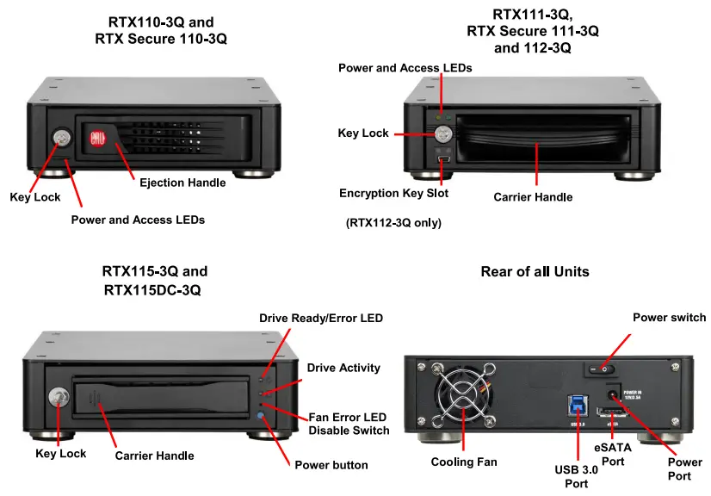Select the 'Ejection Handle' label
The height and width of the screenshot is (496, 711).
click(182, 182)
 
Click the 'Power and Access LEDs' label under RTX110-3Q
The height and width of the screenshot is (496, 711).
click(138, 220)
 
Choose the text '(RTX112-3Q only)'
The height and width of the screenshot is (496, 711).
click(393, 223)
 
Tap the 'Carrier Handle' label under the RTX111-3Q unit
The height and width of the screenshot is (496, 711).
click(533, 197)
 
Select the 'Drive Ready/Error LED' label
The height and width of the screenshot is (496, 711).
click(321, 319)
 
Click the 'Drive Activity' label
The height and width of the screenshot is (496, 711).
click(343, 368)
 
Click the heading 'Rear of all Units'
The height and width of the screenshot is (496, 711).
click(535, 271)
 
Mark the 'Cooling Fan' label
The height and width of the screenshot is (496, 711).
click(464, 462)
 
